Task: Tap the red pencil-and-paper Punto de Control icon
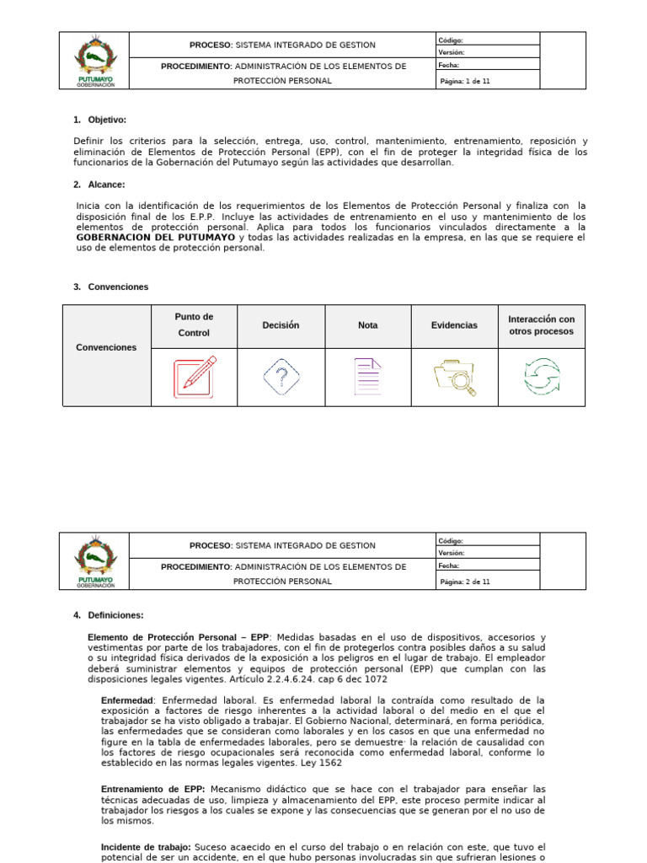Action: pos(195,377)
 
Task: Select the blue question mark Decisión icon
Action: pos(281,377)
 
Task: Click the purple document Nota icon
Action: pos(367,377)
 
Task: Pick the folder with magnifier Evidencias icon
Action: pos(454,378)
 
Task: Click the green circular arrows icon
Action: pos(541,377)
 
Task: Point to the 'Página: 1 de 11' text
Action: pos(466,81)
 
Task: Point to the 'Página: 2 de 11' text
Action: pos(466,582)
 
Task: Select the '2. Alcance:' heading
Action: pos(99,185)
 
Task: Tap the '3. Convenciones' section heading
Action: pos(110,287)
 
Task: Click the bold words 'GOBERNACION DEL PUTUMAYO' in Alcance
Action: pos(155,238)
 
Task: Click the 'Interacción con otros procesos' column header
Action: pos(541,325)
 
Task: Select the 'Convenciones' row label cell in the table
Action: pos(106,347)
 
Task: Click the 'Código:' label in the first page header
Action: pos(452,40)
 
